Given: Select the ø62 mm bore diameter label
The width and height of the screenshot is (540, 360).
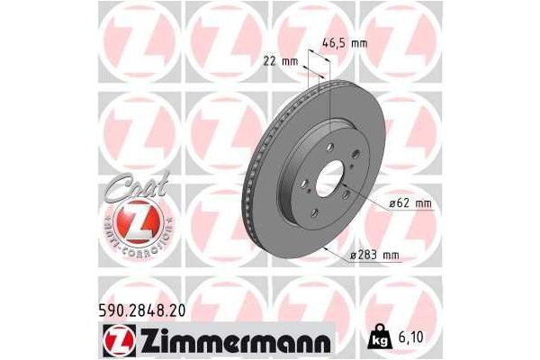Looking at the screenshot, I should point(409,203).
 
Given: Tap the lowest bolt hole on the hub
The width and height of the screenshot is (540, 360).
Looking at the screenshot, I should point(315,213).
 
